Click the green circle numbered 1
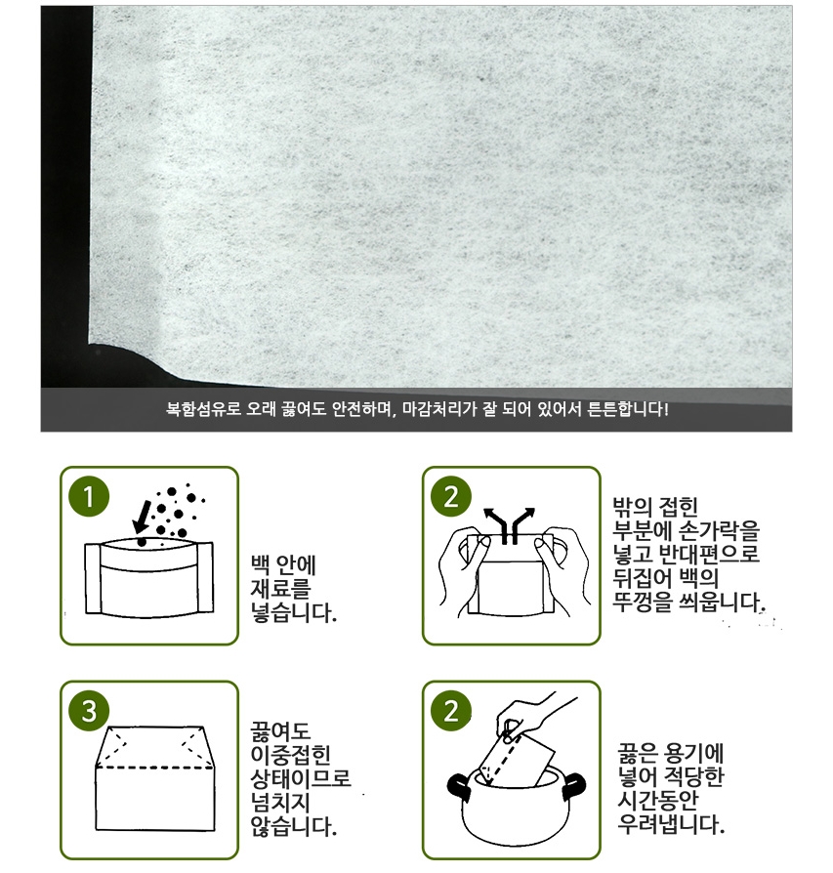(89, 496)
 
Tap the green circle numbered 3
(89, 711)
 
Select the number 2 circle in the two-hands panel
(451, 496)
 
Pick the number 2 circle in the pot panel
(451, 711)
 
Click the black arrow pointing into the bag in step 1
(142, 517)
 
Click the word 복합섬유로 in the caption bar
(203, 409)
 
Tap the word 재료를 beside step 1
(280, 589)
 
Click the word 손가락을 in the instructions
(720, 530)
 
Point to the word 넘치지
(280, 803)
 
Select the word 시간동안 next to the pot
(657, 800)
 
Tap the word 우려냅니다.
(671, 824)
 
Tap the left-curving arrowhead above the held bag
(489, 513)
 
